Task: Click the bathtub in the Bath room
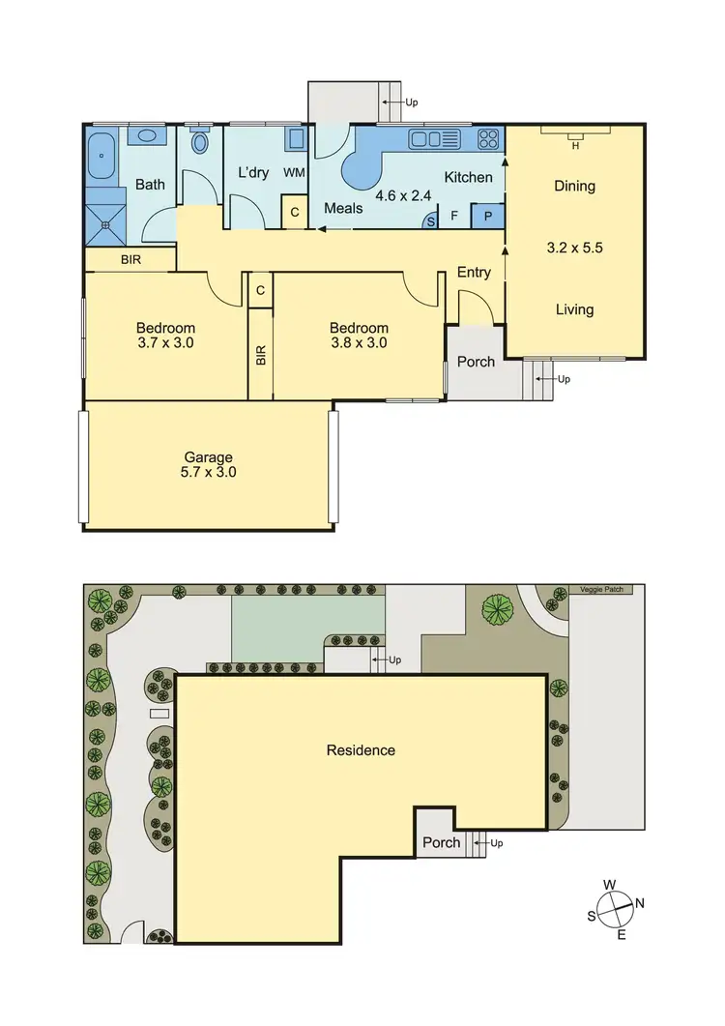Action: point(101,159)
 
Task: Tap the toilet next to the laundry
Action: point(200,143)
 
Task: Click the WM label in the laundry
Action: point(294,173)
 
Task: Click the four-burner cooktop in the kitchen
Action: point(489,139)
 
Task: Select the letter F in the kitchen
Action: point(454,217)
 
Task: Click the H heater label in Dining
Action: point(575,146)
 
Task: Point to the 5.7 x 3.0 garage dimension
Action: point(210,473)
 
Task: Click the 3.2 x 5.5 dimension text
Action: point(574,248)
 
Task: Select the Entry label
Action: point(474,273)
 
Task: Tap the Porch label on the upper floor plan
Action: point(475,362)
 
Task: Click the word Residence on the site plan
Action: point(361,749)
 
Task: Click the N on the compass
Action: point(640,903)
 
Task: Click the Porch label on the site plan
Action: point(442,842)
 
